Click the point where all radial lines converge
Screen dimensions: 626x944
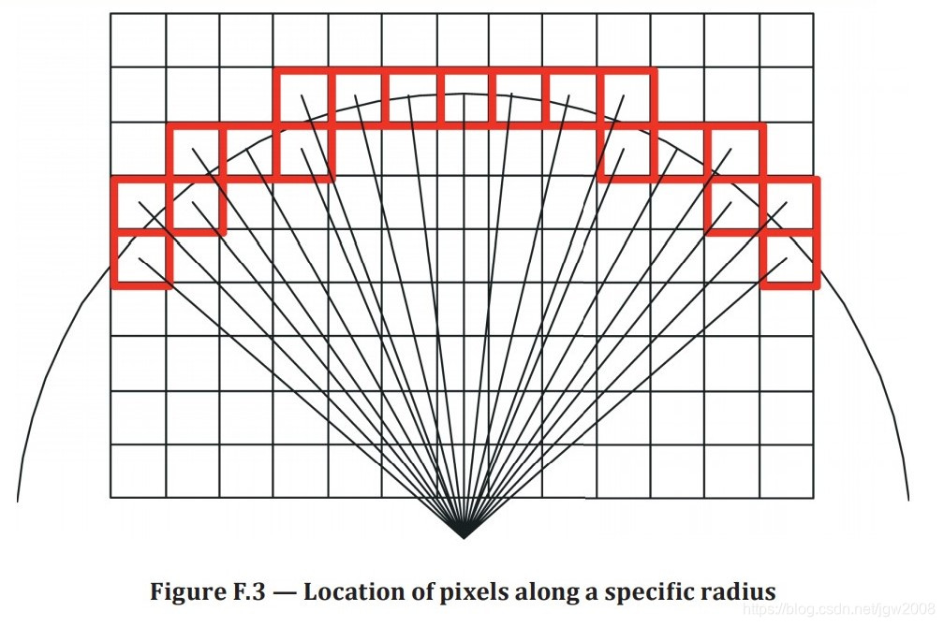(463, 538)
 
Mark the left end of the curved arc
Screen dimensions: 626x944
(18, 501)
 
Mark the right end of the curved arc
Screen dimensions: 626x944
(908, 501)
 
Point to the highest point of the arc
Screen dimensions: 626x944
(463, 92)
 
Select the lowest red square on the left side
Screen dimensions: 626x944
(140, 258)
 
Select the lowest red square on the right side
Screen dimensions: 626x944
(789, 258)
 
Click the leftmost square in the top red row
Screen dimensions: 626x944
(302, 95)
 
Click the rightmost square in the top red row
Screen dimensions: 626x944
(627, 95)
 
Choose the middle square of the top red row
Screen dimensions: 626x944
(465, 95)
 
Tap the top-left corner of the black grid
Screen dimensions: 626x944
(111, 14)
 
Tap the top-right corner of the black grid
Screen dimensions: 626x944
(813, 14)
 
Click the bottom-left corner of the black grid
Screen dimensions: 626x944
(111, 498)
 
